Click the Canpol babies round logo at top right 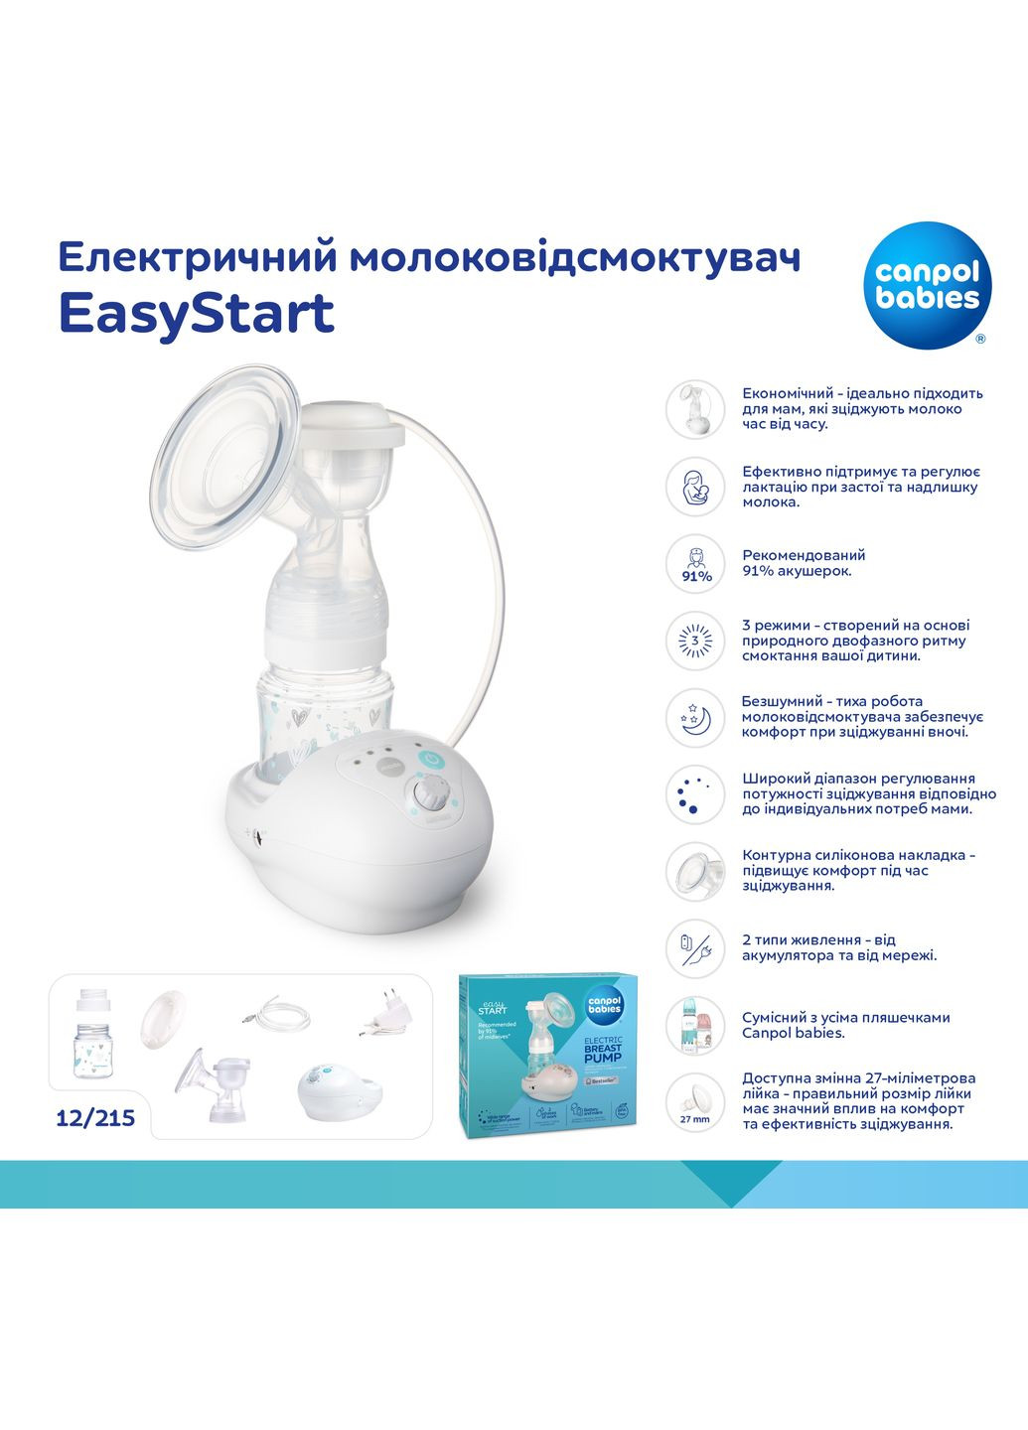pos(927,285)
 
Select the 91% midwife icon pos(696,563)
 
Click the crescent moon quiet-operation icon pos(696,717)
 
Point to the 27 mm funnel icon pos(695,1101)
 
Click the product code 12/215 pos(95,1118)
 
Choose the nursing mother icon pos(696,486)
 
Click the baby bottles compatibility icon pos(695,1026)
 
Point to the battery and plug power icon pos(695,947)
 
